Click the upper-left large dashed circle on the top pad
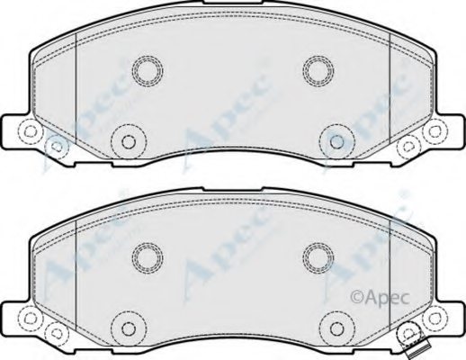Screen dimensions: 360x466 click(146, 69)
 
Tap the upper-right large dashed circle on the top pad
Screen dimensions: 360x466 click(317, 69)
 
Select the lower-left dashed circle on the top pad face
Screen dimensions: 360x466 click(127, 139)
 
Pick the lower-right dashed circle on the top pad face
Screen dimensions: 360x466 click(334, 139)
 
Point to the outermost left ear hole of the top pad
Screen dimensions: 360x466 click(30, 133)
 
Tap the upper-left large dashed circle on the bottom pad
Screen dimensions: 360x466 click(146, 256)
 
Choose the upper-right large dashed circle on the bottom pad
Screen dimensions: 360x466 click(317, 256)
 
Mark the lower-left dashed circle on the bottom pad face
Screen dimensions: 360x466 click(127, 327)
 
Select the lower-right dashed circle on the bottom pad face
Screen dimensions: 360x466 click(334, 327)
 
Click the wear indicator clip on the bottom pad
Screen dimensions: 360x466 click(413, 346)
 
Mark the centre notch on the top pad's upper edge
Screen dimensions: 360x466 click(232, 7)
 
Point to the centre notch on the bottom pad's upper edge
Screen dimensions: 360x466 click(232, 192)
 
